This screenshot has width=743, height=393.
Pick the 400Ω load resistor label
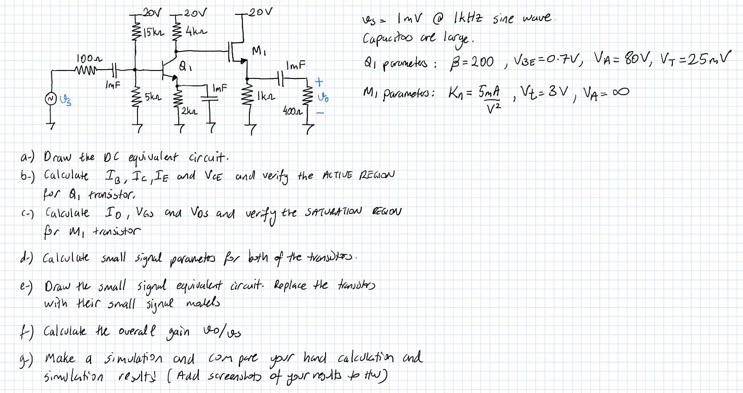click(291, 111)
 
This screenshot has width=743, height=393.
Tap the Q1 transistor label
click(184, 66)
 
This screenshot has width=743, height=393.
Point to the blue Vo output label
click(320, 98)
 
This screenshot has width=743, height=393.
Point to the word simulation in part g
click(126, 358)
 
